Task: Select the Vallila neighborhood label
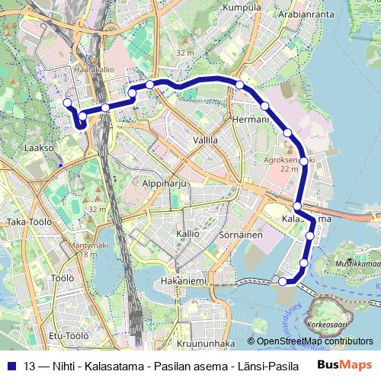point(205,140)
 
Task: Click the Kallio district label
point(187,233)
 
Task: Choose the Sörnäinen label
point(242,235)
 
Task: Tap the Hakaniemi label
point(184,281)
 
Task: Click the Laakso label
point(39,147)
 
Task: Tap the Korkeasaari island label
point(327,324)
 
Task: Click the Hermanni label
point(251,120)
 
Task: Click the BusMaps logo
point(345,365)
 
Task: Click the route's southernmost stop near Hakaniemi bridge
point(283,281)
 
